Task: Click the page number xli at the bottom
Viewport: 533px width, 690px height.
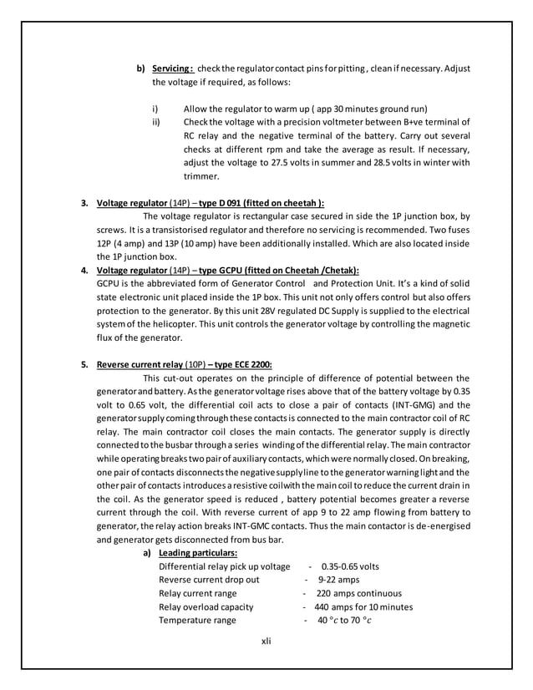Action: [x=266, y=642]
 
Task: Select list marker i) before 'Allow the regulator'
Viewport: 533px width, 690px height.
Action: [x=155, y=109]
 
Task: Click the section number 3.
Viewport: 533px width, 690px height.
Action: [x=84, y=202]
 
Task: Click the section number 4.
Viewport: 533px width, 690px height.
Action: [x=84, y=270]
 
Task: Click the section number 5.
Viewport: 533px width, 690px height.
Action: [x=84, y=364]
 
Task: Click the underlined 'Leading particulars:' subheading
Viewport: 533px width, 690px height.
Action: [x=198, y=553]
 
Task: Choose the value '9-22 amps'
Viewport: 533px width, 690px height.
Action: [x=338, y=580]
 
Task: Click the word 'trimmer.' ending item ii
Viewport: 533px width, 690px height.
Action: [x=201, y=176]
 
